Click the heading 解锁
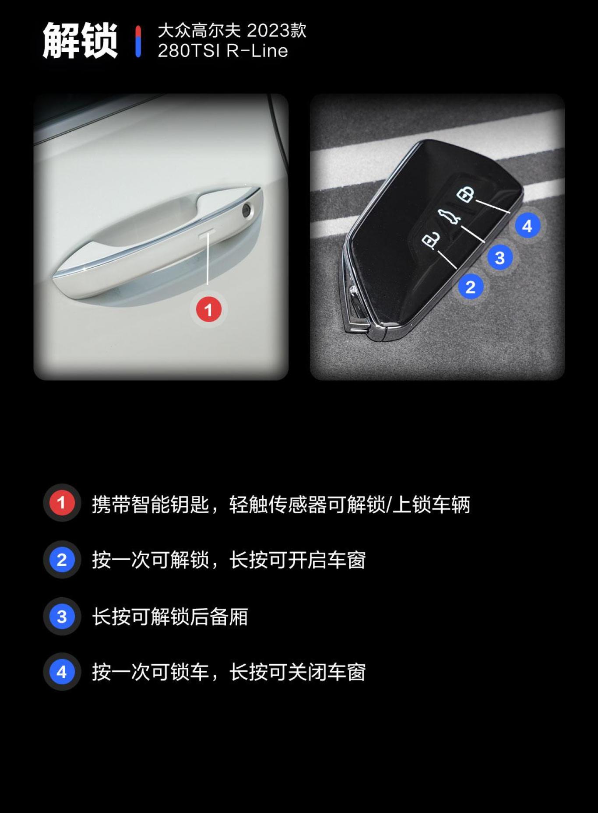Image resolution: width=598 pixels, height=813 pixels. pos(80,41)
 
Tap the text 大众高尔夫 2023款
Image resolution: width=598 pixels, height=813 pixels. pos(232,31)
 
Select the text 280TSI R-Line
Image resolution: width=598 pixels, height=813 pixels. pos(223,51)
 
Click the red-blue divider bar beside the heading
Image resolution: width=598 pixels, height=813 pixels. pos(138,41)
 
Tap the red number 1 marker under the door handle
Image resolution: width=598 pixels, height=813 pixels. pos(208,310)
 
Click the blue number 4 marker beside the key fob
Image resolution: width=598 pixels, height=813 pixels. pos(527,226)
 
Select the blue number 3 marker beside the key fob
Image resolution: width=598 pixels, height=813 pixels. pos(500,258)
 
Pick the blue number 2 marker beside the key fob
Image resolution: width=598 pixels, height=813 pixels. pos(471,287)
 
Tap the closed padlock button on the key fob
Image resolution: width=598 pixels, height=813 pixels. pos(465,194)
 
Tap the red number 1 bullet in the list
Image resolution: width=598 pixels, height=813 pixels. pos(62,503)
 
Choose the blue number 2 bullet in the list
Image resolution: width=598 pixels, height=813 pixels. pos(62,560)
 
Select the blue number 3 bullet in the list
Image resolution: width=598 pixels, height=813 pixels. pos(62,617)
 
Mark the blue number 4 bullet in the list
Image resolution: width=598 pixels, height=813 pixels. pos(62,672)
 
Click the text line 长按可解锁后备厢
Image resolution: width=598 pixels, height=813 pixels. pos(170,617)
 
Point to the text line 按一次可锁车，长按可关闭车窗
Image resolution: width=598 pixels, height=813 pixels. pos(229,672)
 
